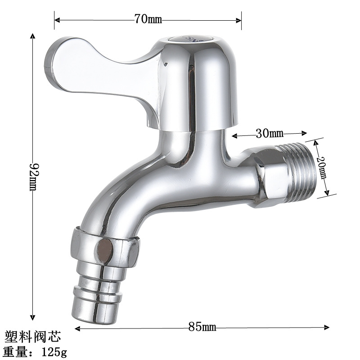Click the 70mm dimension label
[x=148, y=19]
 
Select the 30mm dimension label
[x=269, y=133]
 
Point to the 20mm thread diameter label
[x=322, y=167]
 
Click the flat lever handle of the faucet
[x=90, y=67]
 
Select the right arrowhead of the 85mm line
[x=327, y=328]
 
